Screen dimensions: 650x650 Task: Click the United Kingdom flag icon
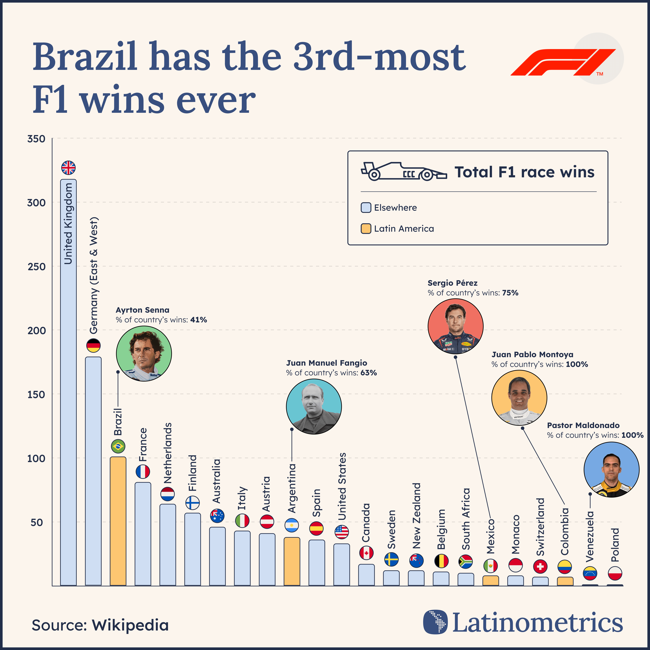point(68,168)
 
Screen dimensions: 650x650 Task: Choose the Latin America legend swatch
point(366,229)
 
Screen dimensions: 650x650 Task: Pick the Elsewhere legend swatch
point(366,208)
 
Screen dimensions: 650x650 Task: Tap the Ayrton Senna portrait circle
point(144,353)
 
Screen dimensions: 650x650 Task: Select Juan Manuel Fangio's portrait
point(314,406)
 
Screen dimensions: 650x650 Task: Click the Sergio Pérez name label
point(453,283)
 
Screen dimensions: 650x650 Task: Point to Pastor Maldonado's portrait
point(611,470)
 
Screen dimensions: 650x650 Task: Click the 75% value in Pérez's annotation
point(510,293)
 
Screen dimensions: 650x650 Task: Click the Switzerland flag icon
point(540,567)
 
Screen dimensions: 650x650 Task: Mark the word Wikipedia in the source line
point(130,625)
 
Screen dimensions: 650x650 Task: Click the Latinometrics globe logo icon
point(435,622)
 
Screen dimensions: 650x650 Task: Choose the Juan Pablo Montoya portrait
point(519,398)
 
